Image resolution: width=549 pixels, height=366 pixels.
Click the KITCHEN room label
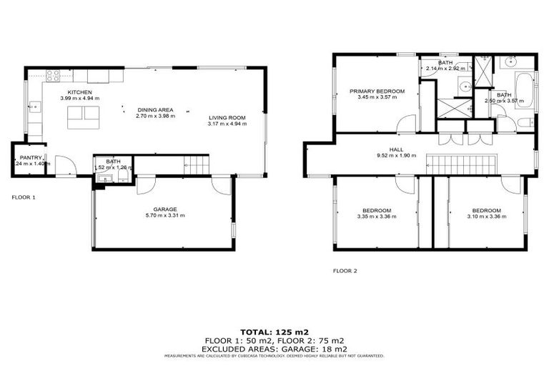pos(79,93)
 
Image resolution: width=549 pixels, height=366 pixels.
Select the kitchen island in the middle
pos(83,117)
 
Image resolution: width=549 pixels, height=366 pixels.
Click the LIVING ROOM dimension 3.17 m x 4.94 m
pos(227,124)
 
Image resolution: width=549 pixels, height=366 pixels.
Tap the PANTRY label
pos(31,157)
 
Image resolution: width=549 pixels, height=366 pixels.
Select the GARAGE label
pos(164,209)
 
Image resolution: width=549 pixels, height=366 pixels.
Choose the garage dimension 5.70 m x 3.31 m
pos(164,215)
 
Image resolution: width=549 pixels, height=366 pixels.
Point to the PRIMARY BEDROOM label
pos(377,91)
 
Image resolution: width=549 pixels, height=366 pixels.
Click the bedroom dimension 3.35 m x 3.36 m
pos(376,216)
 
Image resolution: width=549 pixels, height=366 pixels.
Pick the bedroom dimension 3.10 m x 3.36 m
pos(487,216)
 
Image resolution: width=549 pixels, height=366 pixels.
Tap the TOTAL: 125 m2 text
pos(274,332)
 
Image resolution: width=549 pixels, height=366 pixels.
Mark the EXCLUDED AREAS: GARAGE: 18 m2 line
pos(274,348)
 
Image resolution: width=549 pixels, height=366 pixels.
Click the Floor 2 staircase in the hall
pos(462,165)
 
